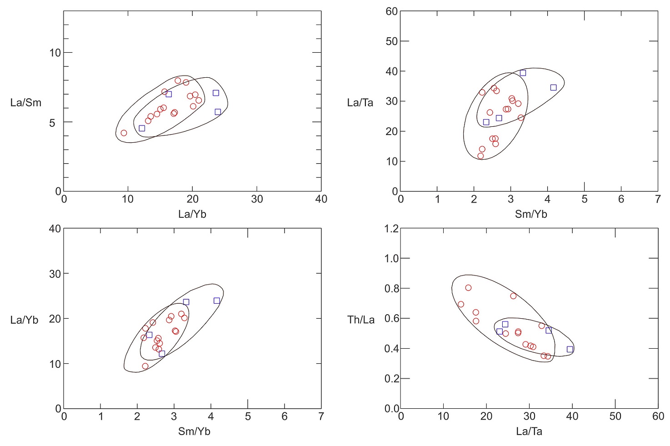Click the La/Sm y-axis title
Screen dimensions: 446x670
[x=25, y=103]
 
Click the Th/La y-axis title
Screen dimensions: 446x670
[x=360, y=320]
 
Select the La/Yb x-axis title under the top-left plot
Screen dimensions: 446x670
[x=192, y=214]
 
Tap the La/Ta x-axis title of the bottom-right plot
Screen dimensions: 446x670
[x=529, y=431]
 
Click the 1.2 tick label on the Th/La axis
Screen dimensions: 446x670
[x=391, y=229]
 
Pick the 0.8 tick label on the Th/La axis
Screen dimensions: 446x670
[x=391, y=289]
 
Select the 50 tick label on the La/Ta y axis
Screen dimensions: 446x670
[x=391, y=41]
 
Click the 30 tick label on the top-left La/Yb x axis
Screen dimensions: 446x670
[x=257, y=199]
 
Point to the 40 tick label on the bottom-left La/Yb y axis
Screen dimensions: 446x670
[x=55, y=229]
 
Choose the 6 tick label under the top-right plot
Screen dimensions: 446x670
[x=621, y=199]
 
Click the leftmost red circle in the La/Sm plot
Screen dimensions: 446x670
[x=124, y=133]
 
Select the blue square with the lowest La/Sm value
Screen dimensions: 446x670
[x=142, y=128]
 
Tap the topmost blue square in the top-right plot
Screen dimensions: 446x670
[x=523, y=73]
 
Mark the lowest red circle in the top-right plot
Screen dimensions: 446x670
[x=480, y=156]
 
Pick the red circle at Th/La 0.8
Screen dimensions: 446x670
[x=468, y=288]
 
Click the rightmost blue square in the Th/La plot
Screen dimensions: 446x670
[x=570, y=349]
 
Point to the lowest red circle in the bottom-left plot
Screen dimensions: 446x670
[x=145, y=366]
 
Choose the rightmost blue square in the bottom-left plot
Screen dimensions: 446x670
[x=217, y=301]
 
